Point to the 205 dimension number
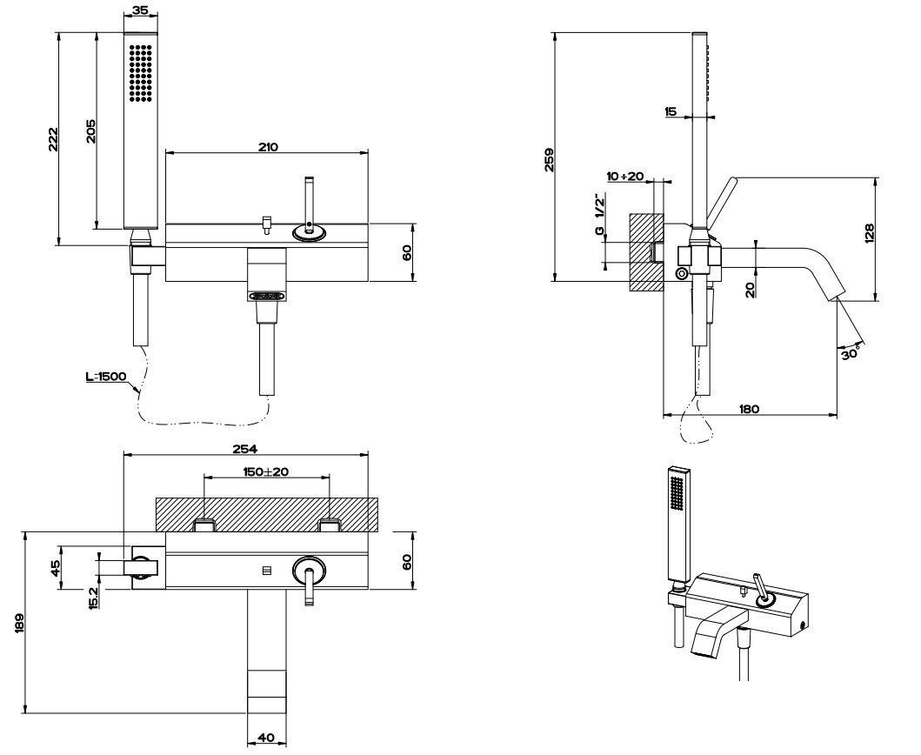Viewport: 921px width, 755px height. pyautogui.click(x=90, y=131)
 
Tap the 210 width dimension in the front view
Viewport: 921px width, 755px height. pyautogui.click(x=267, y=146)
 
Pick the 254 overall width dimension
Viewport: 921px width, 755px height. pyautogui.click(x=245, y=449)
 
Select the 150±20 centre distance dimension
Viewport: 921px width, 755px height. pyautogui.click(x=266, y=471)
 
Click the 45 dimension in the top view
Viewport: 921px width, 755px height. pyautogui.click(x=55, y=567)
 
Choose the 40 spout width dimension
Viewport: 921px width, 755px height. pyautogui.click(x=267, y=738)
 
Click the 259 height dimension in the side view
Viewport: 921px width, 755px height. pyautogui.click(x=549, y=157)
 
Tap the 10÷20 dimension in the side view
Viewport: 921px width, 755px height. pyautogui.click(x=625, y=177)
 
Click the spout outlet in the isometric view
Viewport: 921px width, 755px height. pyautogui.click(x=704, y=645)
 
